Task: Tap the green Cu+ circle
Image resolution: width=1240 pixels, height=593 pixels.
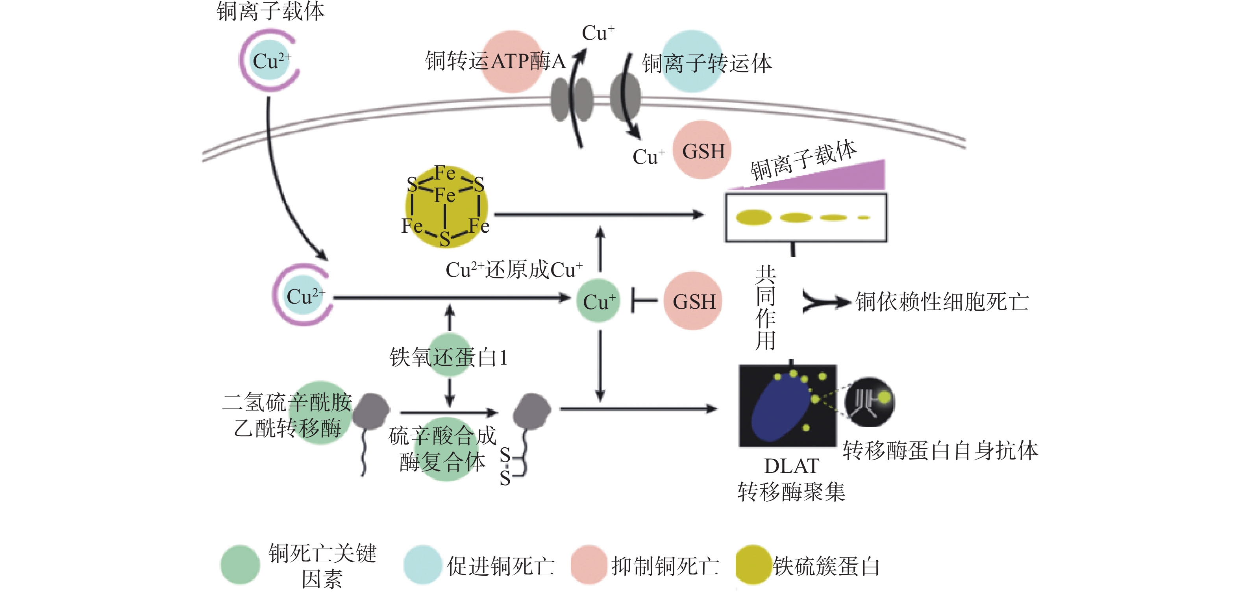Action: (x=598, y=301)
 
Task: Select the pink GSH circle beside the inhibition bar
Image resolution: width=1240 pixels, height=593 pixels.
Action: (x=693, y=301)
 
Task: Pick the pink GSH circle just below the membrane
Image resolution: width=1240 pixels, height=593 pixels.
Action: (x=702, y=150)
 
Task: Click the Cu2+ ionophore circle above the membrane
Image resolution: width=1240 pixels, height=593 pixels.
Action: (x=270, y=60)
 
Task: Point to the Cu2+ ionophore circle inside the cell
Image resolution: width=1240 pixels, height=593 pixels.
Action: (x=303, y=295)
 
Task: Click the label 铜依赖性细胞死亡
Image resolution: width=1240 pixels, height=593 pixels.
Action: (x=942, y=302)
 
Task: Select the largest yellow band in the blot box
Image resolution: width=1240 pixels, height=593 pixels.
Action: (x=753, y=218)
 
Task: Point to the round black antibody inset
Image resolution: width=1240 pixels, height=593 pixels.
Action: (x=869, y=402)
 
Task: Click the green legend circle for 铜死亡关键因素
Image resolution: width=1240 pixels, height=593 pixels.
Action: (x=240, y=565)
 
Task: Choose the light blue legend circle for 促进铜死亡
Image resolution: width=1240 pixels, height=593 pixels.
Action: (x=423, y=565)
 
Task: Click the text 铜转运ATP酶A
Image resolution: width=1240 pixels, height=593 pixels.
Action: (x=495, y=61)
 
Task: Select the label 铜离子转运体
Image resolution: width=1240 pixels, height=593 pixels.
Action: (x=707, y=63)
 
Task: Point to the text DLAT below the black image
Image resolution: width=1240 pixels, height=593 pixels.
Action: (x=792, y=466)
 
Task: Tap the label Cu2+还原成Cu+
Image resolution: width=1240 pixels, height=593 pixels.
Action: (x=514, y=270)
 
